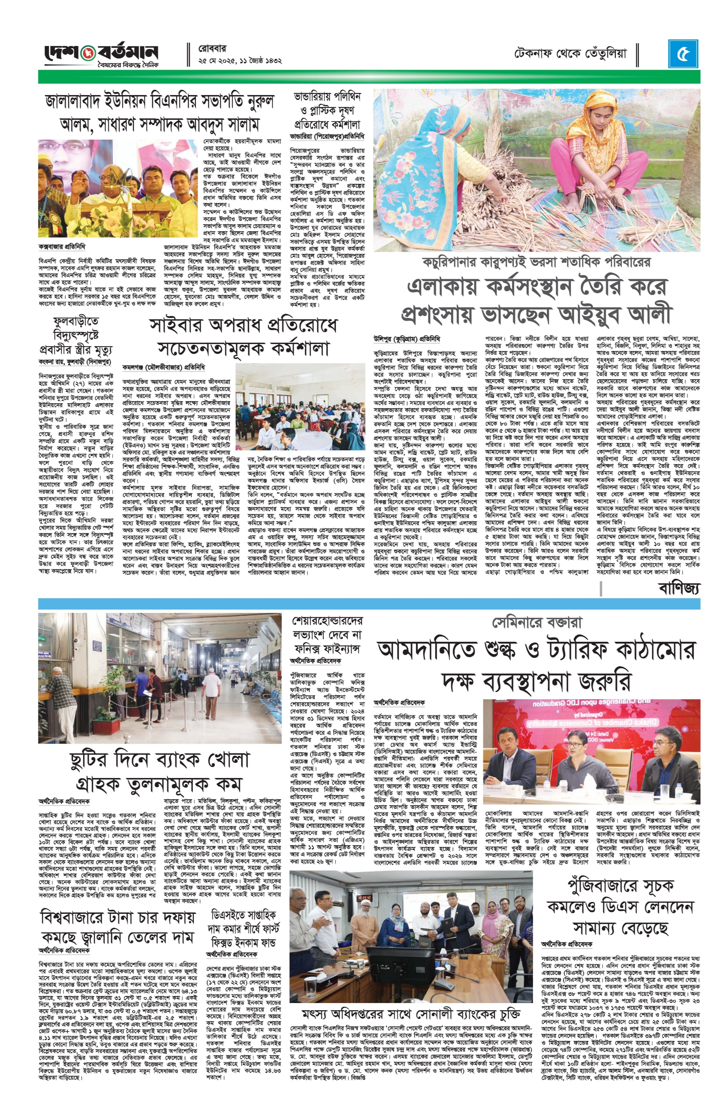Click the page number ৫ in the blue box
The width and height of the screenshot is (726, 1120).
point(683,54)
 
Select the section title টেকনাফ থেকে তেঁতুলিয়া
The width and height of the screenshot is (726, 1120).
point(570,53)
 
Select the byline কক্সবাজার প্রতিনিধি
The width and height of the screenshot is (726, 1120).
point(62,247)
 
